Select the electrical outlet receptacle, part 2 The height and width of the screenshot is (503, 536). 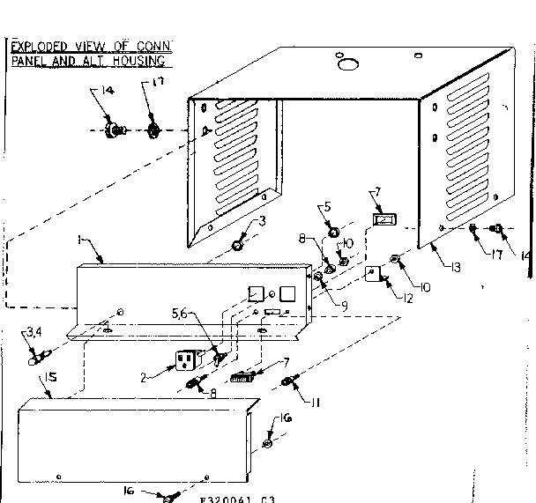pyautogui.click(x=186, y=362)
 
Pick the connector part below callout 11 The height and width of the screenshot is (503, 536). pyautogui.click(x=287, y=381)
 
